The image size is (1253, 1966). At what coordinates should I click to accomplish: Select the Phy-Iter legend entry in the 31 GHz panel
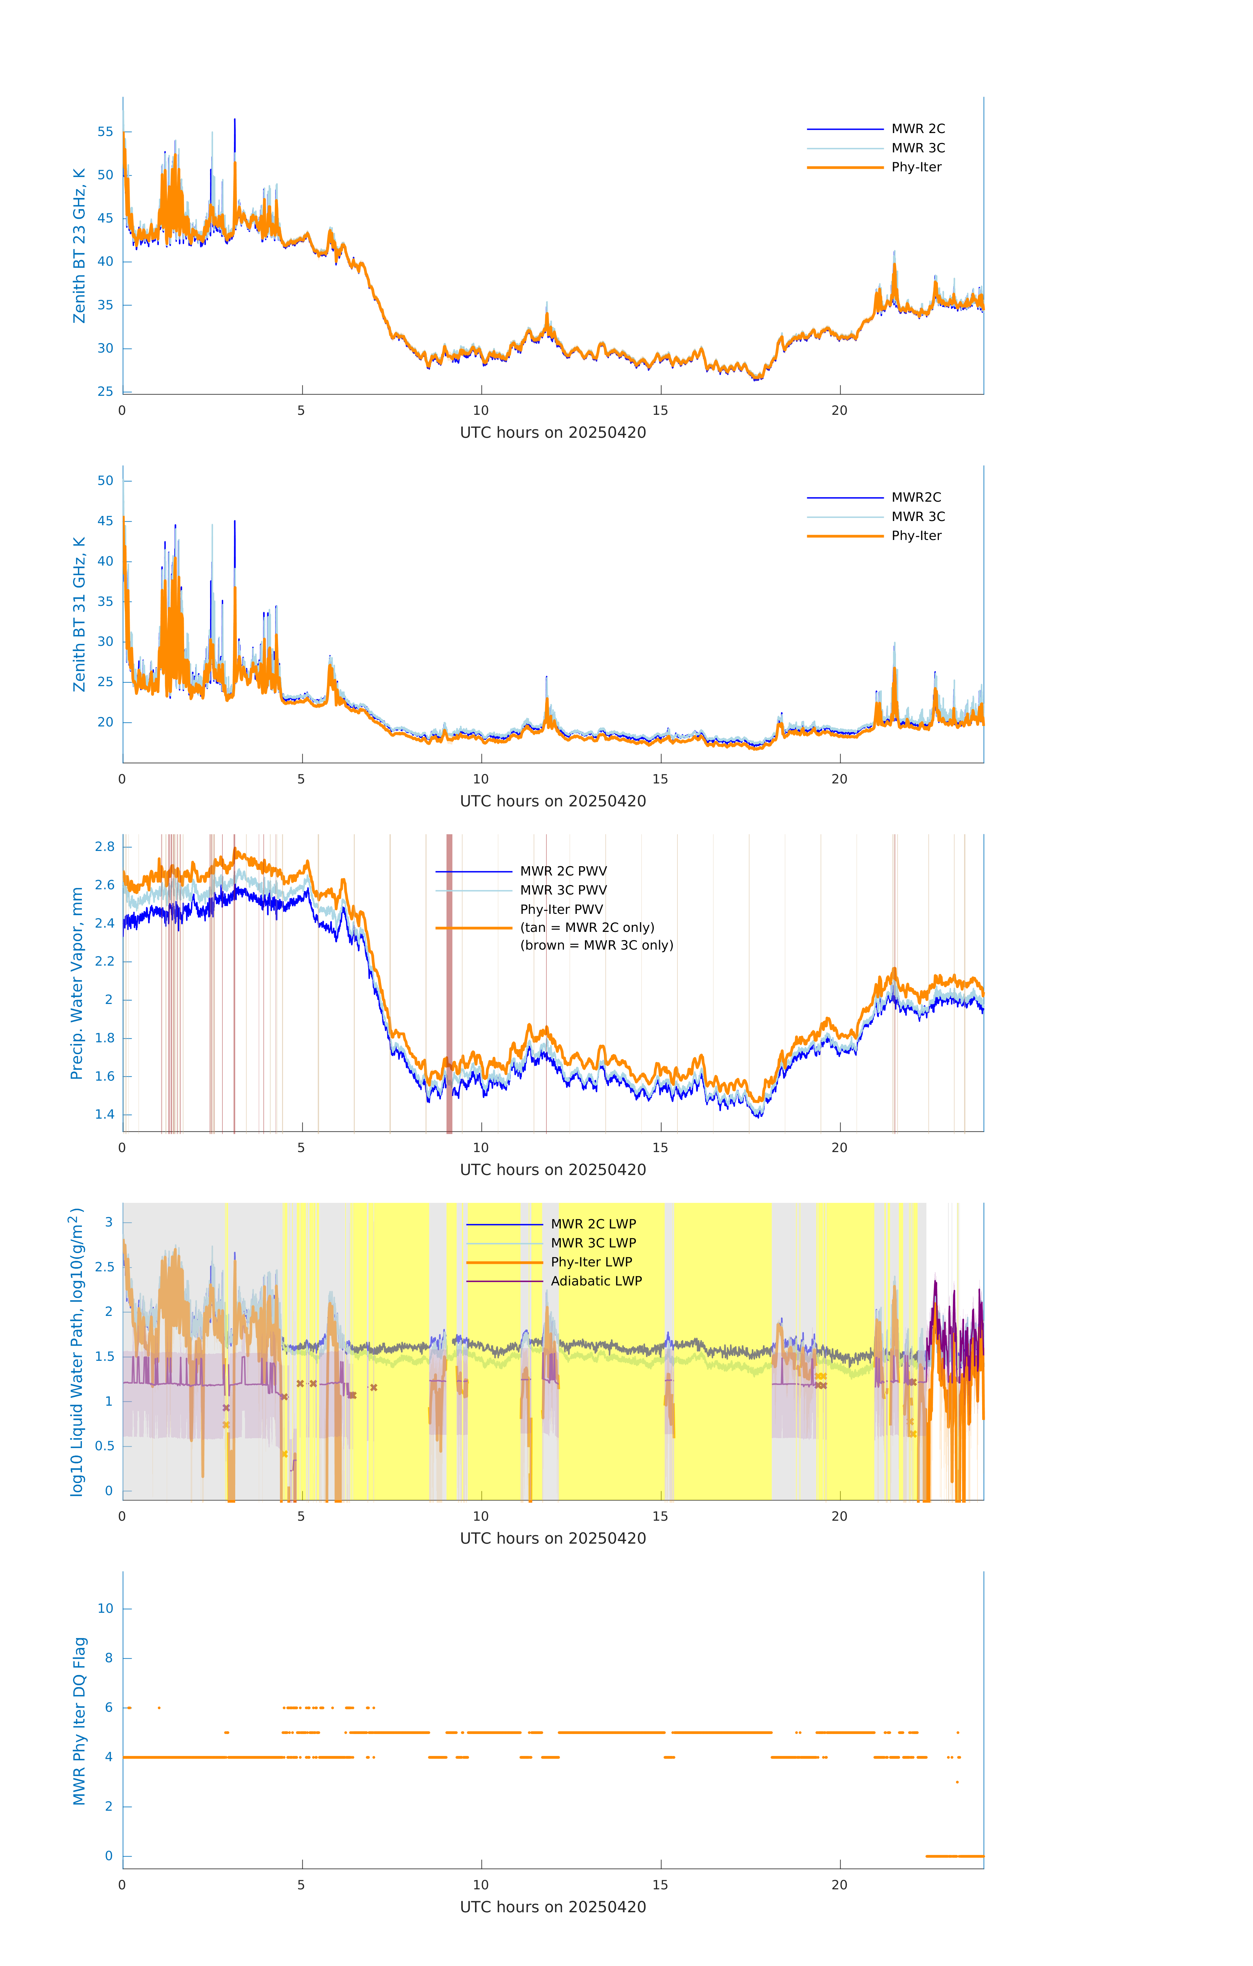[916, 536]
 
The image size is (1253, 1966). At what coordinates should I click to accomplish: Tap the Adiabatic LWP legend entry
[596, 1281]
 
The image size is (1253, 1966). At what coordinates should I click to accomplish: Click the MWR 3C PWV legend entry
[563, 890]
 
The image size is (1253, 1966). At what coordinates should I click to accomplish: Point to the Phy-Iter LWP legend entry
[591, 1262]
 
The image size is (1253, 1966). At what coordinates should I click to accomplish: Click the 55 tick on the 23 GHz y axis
[105, 131]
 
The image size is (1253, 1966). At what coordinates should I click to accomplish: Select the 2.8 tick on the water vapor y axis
[105, 847]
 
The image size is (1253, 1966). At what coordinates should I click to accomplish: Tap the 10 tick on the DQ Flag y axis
[105, 1609]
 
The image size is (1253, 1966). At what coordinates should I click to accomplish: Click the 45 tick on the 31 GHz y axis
[105, 521]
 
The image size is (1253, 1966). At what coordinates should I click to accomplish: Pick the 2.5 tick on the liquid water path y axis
[105, 1267]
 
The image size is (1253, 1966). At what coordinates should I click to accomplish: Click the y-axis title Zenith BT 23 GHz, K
[79, 246]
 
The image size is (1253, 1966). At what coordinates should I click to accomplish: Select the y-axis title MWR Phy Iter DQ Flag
[79, 1721]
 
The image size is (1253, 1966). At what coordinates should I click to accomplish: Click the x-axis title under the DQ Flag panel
[553, 1907]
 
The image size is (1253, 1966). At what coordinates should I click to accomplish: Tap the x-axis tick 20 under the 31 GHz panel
[839, 779]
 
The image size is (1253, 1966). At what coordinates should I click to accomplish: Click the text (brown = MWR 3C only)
[597, 945]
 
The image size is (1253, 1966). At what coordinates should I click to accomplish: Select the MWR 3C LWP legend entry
[594, 1243]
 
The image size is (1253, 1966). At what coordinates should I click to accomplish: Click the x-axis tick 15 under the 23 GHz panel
[659, 411]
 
